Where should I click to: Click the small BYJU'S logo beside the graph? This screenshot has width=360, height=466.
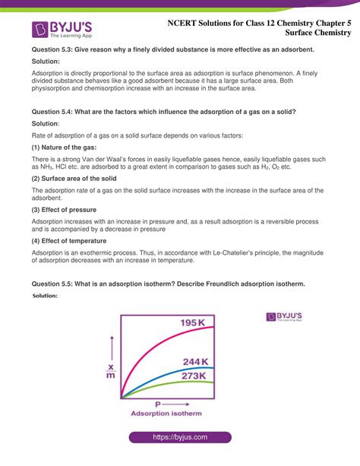[x=286, y=316]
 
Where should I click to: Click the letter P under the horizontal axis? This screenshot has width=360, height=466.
[x=157, y=404]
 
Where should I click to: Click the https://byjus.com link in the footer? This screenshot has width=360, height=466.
[x=179, y=439]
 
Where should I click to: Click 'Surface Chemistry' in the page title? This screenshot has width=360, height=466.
[x=318, y=33]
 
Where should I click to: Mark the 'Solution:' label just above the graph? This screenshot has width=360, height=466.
[x=46, y=296]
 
